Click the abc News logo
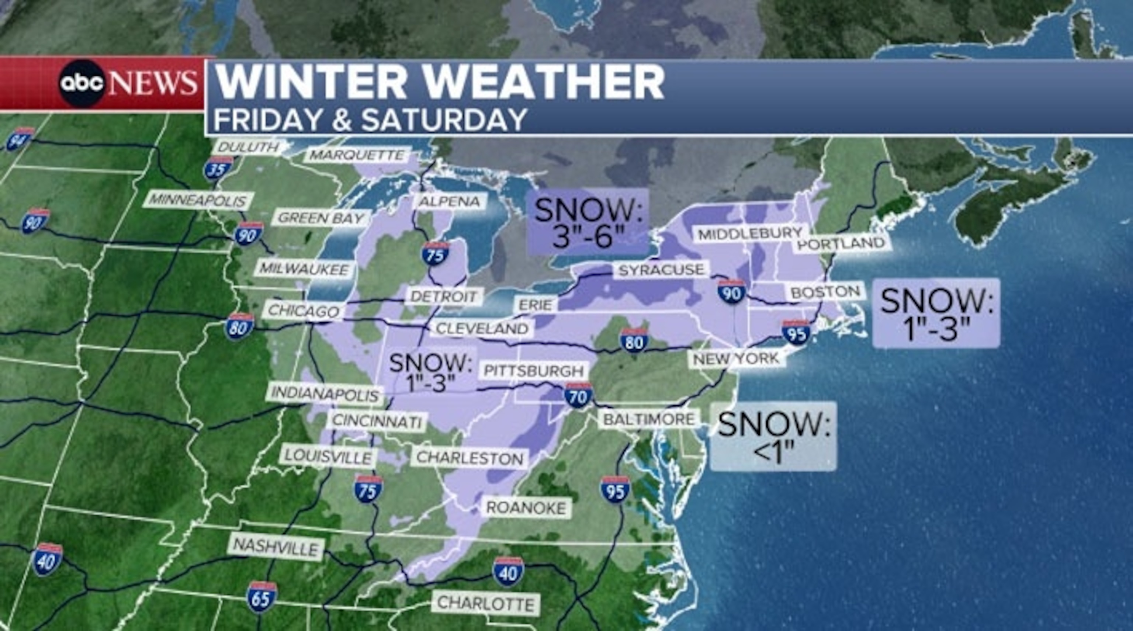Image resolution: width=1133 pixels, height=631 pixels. click(x=128, y=84)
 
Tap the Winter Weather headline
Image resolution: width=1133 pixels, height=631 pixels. click(x=440, y=82)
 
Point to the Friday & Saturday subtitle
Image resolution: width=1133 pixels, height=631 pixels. click(x=370, y=119)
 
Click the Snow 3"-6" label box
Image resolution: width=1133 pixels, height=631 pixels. click(x=589, y=222)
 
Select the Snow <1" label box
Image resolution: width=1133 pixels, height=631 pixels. click(x=773, y=436)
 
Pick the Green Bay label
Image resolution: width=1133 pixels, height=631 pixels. click(x=321, y=218)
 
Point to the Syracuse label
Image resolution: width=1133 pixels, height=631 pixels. click(x=661, y=270)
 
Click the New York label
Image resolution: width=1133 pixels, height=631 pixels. click(x=736, y=359)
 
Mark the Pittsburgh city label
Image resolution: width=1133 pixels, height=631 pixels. click(x=534, y=371)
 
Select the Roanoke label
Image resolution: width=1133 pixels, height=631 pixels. click(x=526, y=508)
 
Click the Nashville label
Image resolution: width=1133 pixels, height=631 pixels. click(x=276, y=547)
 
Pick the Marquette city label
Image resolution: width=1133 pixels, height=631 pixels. click(x=357, y=155)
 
